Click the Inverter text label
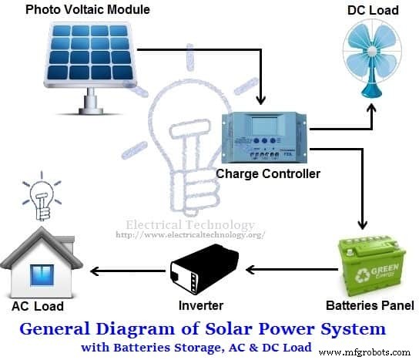[201, 305]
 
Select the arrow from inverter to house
[128, 271]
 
